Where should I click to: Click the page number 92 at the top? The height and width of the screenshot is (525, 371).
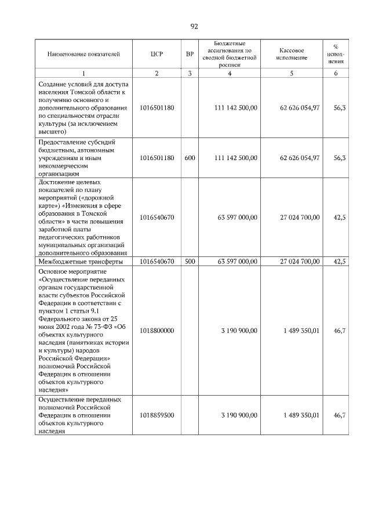tap(194, 26)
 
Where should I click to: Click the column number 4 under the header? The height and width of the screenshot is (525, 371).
tap(230, 73)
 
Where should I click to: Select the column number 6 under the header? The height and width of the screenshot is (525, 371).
tap(336, 73)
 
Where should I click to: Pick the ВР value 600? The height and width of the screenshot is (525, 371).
tap(190, 158)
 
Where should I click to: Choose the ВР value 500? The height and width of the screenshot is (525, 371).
tap(190, 262)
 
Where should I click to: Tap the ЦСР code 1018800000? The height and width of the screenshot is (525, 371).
tap(157, 331)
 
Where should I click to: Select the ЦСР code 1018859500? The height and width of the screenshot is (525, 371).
tap(157, 415)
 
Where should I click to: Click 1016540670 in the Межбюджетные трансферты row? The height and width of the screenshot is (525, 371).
tap(157, 262)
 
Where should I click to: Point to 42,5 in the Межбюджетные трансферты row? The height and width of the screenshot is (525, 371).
tap(340, 262)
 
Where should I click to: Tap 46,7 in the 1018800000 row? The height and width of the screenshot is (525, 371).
tap(340, 331)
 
